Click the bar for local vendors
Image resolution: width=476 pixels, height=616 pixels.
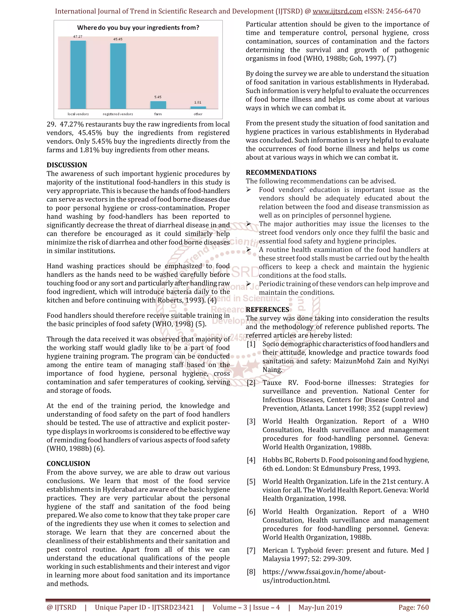point(78,75)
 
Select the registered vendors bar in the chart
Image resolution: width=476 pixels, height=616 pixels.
point(118,76)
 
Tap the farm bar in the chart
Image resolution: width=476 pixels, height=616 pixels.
point(158,105)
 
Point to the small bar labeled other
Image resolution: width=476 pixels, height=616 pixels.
point(198,107)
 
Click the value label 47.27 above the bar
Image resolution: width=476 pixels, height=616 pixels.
point(78,37)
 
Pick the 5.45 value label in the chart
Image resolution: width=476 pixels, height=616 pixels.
point(158,97)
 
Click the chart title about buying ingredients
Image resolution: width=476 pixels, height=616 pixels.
point(138,28)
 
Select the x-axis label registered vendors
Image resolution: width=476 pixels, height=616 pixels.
point(118,114)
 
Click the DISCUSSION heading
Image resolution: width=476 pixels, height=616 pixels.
point(67,165)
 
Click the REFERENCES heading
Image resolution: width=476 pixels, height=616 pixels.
point(267,310)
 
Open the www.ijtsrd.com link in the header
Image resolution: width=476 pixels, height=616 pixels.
point(337,11)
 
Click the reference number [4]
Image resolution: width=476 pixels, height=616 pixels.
point(251,460)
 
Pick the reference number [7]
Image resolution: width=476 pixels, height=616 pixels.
point(251,550)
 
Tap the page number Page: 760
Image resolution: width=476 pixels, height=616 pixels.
point(413,608)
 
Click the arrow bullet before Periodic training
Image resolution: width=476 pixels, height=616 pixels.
point(248,284)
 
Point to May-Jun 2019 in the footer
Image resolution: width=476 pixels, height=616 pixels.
point(320,608)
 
